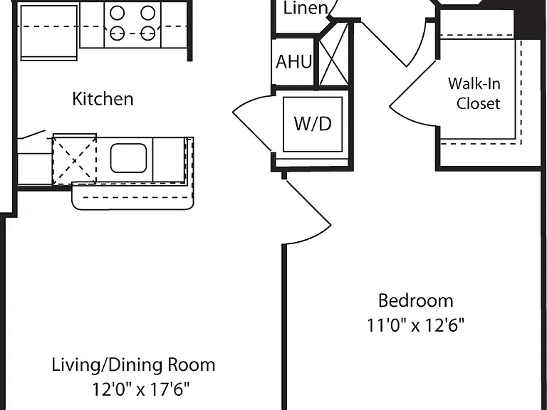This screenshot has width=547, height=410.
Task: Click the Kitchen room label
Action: pyautogui.click(x=103, y=99)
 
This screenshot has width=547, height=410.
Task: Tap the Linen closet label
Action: pyautogui.click(x=306, y=8)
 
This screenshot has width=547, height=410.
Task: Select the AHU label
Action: pyautogui.click(x=293, y=62)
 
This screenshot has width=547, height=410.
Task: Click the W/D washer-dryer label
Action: pyautogui.click(x=313, y=124)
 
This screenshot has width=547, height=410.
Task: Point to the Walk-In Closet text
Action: pyautogui.click(x=474, y=93)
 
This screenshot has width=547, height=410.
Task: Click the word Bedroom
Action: pyautogui.click(x=416, y=300)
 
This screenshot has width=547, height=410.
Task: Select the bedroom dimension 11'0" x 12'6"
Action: pyautogui.click(x=416, y=325)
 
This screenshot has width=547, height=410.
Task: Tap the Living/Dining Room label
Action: pyautogui.click(x=134, y=365)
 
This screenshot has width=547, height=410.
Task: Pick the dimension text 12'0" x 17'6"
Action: pyautogui.click(x=140, y=389)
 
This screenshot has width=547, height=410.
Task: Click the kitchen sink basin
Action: pyautogui.click(x=128, y=158)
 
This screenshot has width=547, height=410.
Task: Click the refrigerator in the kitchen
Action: pyautogui.click(x=49, y=33)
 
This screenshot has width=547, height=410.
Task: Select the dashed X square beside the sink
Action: pyautogui.click(x=74, y=161)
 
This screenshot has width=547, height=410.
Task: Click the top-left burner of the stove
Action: pyautogui.click(x=118, y=14)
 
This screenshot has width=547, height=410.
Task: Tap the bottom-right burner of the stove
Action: pyautogui.click(x=148, y=33)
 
